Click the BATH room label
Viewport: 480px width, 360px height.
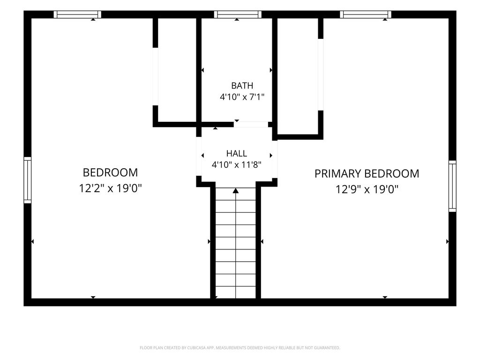click(242, 85)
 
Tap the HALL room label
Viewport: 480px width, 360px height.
click(237, 153)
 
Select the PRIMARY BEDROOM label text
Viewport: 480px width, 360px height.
click(367, 173)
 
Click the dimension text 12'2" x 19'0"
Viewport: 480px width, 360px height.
click(110, 188)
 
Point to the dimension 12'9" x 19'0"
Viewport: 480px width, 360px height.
click(367, 189)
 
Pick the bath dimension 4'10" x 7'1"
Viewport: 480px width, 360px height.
click(242, 97)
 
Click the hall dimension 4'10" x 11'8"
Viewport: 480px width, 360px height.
click(236, 165)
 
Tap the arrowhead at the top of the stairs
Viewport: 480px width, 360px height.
click(235, 191)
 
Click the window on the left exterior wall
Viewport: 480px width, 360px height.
click(28, 180)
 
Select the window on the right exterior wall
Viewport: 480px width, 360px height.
click(452, 186)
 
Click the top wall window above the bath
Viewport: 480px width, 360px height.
click(238, 15)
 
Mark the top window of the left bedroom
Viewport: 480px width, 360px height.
click(77, 15)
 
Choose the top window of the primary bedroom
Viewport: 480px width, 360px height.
click(366, 15)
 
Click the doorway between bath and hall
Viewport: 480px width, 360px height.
click(251, 124)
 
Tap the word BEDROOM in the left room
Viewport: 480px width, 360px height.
click(110, 172)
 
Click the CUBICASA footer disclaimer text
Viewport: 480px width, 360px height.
click(240, 348)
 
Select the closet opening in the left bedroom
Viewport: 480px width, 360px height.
click(155, 76)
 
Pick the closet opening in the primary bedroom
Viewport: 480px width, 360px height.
click(321, 75)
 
